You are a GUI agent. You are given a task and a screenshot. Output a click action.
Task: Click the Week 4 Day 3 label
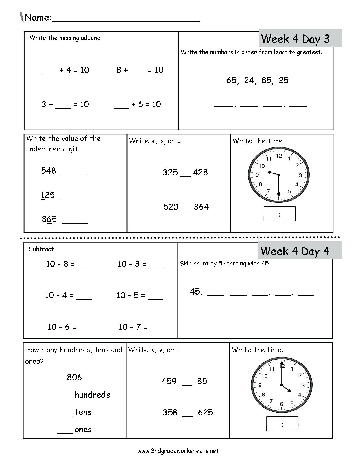295,39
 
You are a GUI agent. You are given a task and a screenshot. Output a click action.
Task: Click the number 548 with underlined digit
49,171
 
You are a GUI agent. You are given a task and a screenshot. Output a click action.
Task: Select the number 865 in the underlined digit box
49,219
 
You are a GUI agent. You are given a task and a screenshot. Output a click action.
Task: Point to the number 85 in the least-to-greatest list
267,80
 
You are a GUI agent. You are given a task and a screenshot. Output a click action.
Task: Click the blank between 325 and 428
185,175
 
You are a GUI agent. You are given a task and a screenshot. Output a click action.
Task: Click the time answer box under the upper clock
280,214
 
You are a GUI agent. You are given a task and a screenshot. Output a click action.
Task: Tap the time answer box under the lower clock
282,424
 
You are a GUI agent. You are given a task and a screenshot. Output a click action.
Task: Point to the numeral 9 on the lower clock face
260,385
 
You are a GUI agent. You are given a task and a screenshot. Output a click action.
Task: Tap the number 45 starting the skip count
195,292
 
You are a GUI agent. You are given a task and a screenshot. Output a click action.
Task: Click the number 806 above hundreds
75,378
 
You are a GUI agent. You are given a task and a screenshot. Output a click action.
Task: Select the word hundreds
92,395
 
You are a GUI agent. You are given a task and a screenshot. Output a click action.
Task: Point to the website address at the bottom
178,451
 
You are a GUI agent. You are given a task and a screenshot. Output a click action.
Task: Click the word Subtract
41,249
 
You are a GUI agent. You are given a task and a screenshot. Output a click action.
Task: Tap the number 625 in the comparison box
205,413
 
